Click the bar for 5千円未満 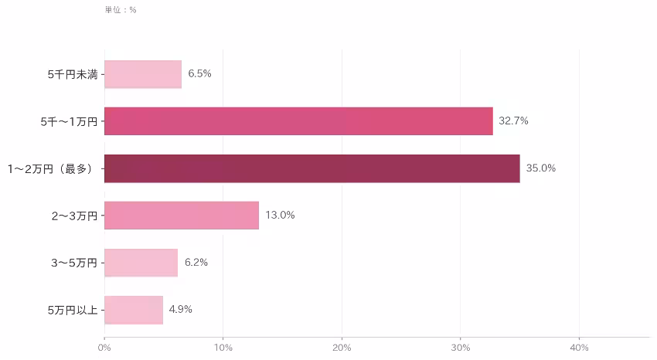click(x=143, y=74)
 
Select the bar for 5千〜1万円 click(x=298, y=121)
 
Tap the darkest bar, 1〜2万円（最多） click(x=312, y=168)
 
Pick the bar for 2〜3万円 click(x=182, y=216)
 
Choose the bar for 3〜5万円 click(x=141, y=263)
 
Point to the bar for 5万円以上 click(x=134, y=310)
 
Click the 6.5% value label click(x=199, y=73)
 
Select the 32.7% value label click(x=513, y=121)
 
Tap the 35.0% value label click(x=541, y=168)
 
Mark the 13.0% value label click(x=280, y=216)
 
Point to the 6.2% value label click(x=196, y=263)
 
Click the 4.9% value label click(x=181, y=309)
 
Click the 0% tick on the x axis click(x=104, y=348)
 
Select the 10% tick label click(x=223, y=348)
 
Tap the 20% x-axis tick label click(x=342, y=348)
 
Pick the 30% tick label click(x=461, y=348)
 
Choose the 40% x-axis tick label click(x=580, y=348)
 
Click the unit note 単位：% click(x=121, y=9)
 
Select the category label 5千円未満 click(x=73, y=74)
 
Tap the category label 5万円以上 click(x=73, y=311)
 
